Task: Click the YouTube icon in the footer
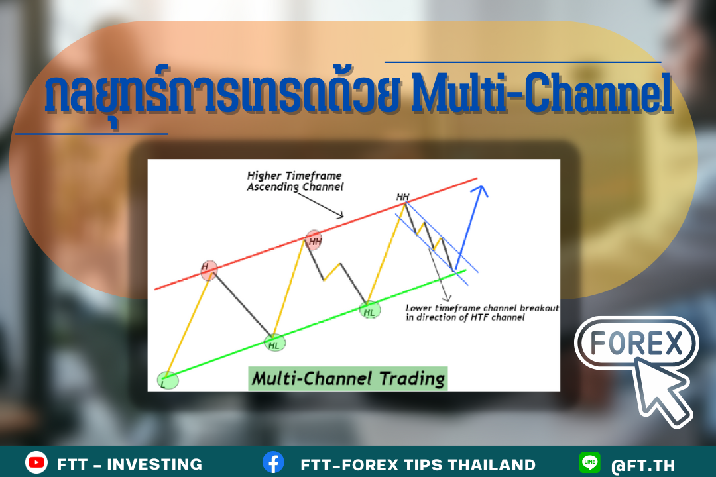[36, 463]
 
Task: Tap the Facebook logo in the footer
[273, 463]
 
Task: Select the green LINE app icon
[590, 462]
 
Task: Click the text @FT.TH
[643, 465]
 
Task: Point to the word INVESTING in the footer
[154, 464]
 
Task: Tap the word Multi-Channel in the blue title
[542, 93]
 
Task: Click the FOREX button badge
[636, 343]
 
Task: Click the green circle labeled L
[168, 380]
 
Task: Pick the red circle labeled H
[209, 270]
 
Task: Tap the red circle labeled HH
[314, 240]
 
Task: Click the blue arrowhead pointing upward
[481, 191]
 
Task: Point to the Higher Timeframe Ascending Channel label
[295, 182]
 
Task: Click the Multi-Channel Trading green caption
[348, 378]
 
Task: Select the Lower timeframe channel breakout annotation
[482, 313]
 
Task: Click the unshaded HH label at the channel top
[402, 197]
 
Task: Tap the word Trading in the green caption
[412, 379]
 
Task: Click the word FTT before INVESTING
[72, 464]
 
